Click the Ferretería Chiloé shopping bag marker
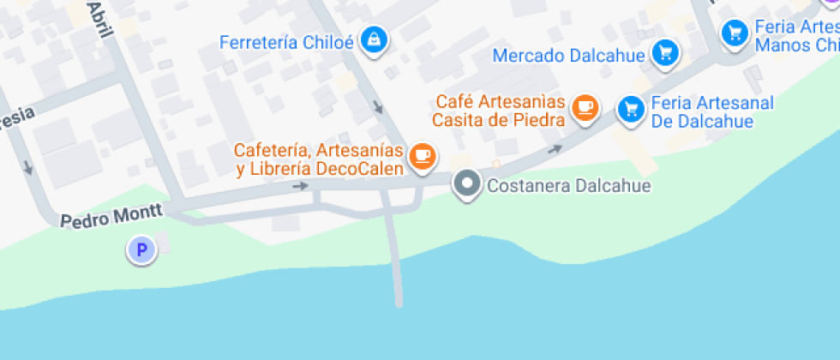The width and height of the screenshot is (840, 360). (x=374, y=39)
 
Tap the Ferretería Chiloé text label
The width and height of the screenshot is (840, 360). (x=286, y=42)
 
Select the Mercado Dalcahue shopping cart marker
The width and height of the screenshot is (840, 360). (x=665, y=54)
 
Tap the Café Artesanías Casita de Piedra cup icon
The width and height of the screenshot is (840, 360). (x=585, y=107)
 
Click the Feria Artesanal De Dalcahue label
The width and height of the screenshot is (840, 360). (x=712, y=112)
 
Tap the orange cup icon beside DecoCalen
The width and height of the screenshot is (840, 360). (x=423, y=155)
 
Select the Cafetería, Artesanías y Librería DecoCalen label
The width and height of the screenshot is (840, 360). (x=319, y=159)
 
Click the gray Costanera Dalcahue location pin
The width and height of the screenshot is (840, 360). (x=467, y=184)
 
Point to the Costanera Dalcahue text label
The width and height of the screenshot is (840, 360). (x=568, y=185)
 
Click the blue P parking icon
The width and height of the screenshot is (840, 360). (x=141, y=251)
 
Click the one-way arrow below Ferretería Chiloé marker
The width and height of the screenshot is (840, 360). (x=378, y=107)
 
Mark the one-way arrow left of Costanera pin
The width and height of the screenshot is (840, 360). (x=300, y=185)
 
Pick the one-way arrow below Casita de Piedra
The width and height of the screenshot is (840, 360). (x=555, y=149)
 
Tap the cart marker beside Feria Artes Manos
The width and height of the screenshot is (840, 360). (x=734, y=33)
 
